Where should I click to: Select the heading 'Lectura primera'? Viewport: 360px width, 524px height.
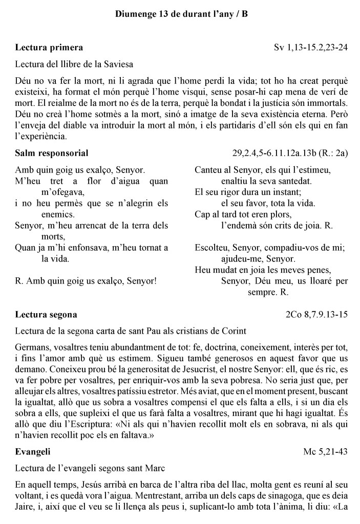tap(49, 48)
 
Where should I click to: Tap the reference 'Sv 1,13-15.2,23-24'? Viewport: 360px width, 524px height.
tap(311, 48)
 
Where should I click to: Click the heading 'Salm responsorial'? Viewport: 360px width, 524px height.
tap(52, 153)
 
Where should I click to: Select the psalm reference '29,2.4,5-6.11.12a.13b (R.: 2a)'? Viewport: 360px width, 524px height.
tap(290, 153)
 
